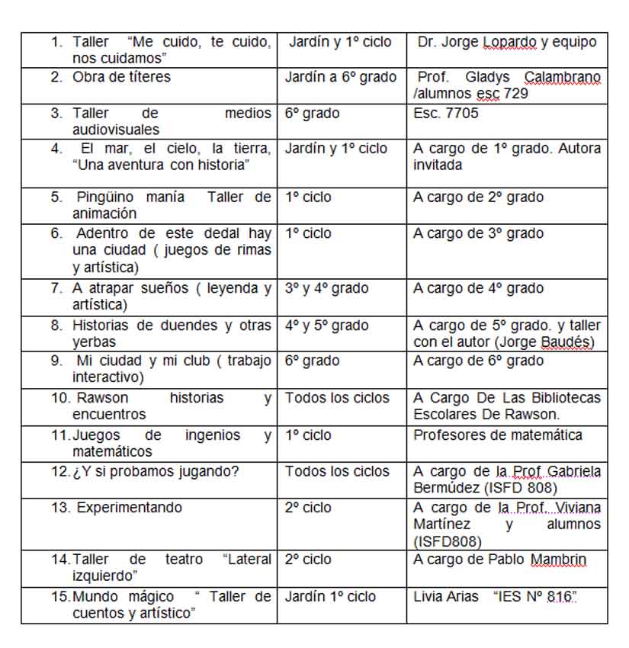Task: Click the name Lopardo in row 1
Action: pyautogui.click(x=510, y=42)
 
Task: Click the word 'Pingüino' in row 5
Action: pyautogui.click(x=103, y=197)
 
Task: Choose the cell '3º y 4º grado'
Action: pyautogui.click(x=326, y=288)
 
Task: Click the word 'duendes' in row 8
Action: pyautogui.click(x=189, y=326)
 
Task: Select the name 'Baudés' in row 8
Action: pyautogui.click(x=566, y=342)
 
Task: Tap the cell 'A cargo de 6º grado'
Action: pyautogui.click(x=478, y=360)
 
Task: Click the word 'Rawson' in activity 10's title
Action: pyautogui.click(x=103, y=398)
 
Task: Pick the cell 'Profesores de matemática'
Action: pyautogui.click(x=497, y=435)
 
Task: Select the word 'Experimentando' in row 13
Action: pyautogui.click(x=129, y=508)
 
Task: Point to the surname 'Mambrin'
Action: pyautogui.click(x=558, y=560)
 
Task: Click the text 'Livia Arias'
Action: pyautogui.click(x=446, y=596)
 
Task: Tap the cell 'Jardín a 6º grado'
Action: pyautogui.click(x=340, y=77)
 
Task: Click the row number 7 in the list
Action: pyautogui.click(x=56, y=288)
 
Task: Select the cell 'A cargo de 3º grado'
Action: pyautogui.click(x=478, y=233)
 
